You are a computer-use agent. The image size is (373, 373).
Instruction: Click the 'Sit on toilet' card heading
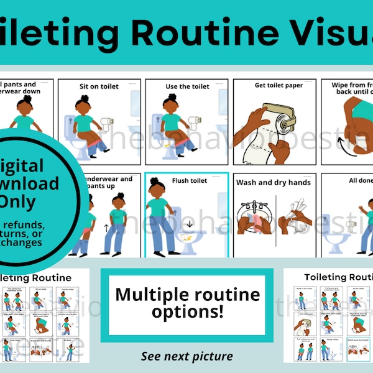pos(99,86)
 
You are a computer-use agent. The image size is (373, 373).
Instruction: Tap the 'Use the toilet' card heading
pos(186,86)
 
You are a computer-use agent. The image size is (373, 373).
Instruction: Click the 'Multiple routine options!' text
pos(186,303)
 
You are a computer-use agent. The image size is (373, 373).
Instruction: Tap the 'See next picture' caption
pos(186,356)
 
